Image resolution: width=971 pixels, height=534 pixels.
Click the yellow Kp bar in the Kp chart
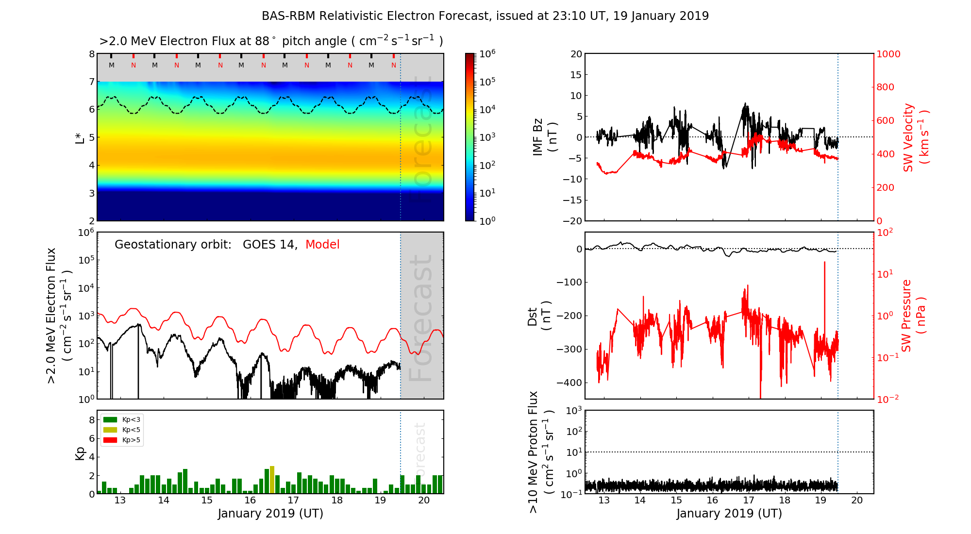(272, 480)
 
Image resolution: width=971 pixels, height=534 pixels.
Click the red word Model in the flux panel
(322, 245)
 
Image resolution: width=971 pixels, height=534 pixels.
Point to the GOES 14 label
(269, 245)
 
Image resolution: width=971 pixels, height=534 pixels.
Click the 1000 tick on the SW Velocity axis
(888, 54)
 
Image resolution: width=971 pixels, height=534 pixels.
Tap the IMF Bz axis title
(545, 137)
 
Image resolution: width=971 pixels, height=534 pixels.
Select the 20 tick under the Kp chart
(424, 501)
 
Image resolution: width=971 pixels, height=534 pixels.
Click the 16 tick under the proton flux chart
(712, 501)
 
